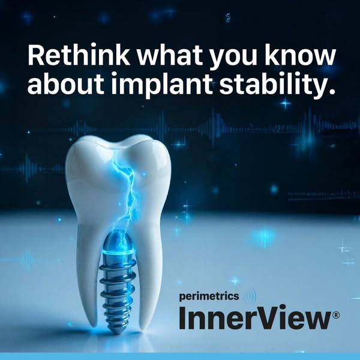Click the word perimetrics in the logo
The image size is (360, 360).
(209, 296)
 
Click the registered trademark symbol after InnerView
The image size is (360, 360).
(335, 315)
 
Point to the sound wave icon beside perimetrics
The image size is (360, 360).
(249, 296)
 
